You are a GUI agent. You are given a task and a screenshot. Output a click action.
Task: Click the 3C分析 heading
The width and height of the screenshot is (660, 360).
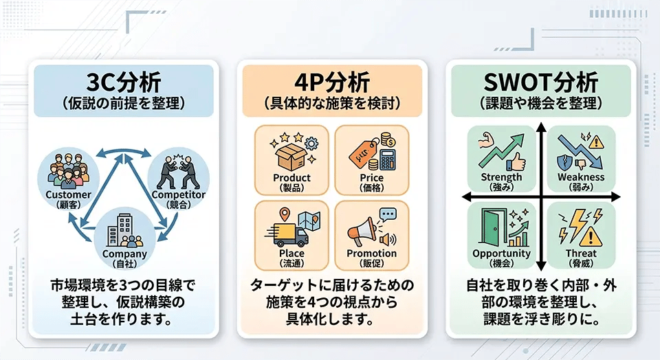[123, 82]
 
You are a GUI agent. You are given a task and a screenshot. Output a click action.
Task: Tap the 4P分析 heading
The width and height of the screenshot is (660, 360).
[332, 82]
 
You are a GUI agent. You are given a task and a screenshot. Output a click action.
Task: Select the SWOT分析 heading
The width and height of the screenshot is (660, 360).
[541, 82]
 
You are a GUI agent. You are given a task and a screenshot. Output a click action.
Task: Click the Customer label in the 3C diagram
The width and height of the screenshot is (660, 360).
[68, 194]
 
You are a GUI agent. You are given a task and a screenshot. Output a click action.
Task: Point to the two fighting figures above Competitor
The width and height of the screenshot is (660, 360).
[176, 172]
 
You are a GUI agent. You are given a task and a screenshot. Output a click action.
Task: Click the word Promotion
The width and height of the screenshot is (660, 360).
[372, 254]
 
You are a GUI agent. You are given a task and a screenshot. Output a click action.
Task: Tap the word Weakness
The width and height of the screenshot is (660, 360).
[581, 177]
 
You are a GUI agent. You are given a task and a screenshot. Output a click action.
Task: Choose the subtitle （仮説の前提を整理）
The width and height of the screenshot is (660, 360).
[123, 104]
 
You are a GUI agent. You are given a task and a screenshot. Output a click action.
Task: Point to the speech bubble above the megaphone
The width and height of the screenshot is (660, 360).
[388, 215]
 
